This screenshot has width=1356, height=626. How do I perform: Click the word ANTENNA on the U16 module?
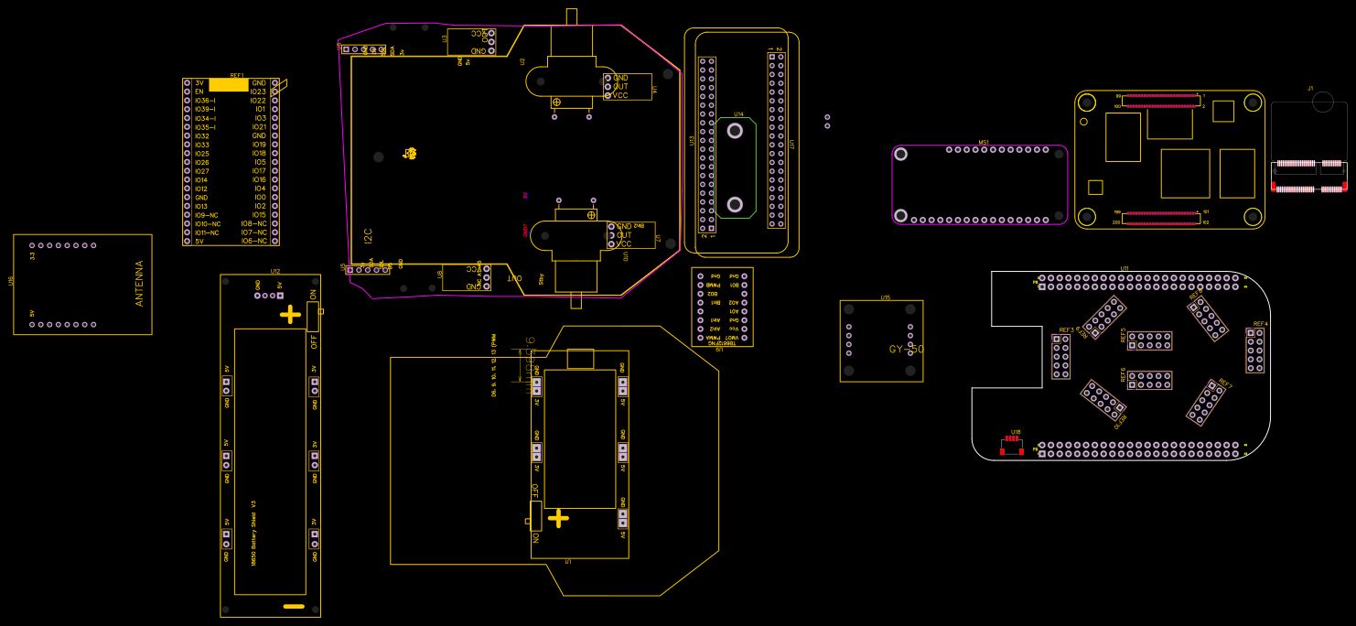[x=140, y=284]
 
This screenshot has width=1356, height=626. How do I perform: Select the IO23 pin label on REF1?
[x=258, y=92]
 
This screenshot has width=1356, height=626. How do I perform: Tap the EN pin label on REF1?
[x=199, y=92]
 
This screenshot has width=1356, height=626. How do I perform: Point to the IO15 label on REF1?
[x=259, y=215]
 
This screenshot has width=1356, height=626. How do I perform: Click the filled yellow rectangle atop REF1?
[x=229, y=85]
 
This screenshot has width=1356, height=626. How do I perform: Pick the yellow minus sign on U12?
[x=294, y=606]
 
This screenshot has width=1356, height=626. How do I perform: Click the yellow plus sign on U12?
[x=290, y=315]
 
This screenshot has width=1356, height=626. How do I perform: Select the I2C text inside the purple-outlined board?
[x=368, y=235]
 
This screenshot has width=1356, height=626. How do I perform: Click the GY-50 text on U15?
[x=906, y=350]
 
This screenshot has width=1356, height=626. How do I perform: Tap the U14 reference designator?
[x=738, y=114]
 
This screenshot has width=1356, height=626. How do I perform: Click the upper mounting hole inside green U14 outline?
[x=735, y=131]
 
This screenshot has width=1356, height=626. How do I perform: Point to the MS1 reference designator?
[x=984, y=142]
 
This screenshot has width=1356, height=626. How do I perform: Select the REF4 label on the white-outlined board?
[x=1260, y=324]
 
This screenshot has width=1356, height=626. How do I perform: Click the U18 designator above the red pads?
[x=1015, y=432]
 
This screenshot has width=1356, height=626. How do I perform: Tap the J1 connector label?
[x=1310, y=88]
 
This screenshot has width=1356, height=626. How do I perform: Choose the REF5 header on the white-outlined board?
[x=1149, y=340]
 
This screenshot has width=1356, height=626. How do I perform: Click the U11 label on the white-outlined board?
[x=1125, y=268]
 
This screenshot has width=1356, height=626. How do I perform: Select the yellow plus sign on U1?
[x=558, y=519]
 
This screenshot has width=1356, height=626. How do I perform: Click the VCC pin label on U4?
[x=620, y=95]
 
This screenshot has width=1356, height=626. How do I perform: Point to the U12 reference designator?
[x=275, y=271]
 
